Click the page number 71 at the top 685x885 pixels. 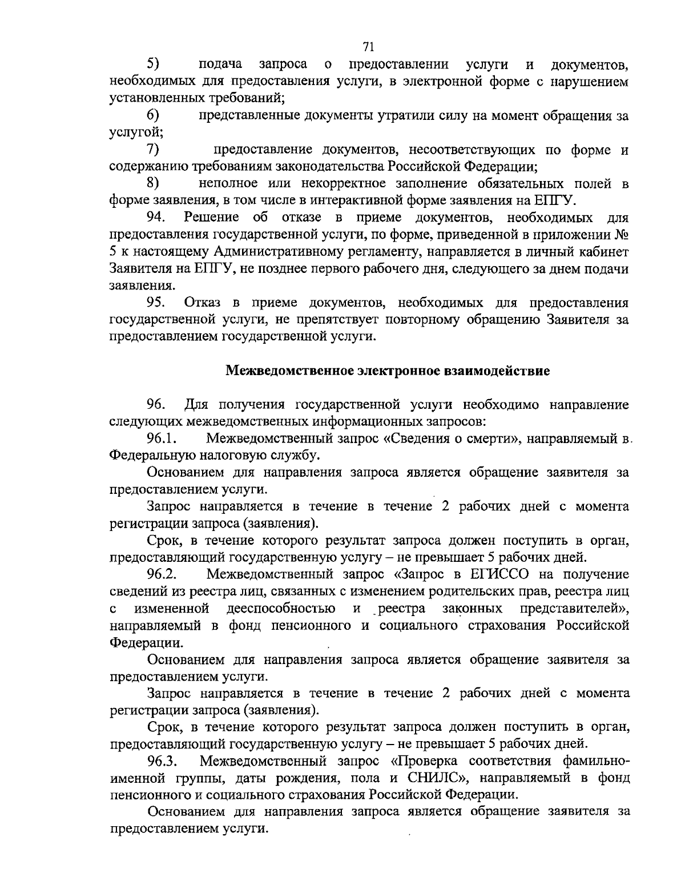368,46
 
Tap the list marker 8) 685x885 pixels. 153,183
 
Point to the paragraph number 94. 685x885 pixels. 156,218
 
